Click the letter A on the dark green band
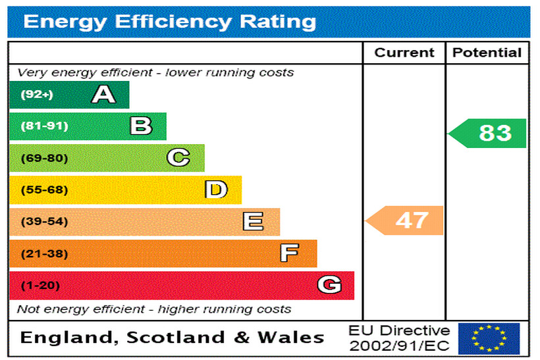[103, 95]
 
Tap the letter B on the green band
[141, 126]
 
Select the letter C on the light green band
[178, 157]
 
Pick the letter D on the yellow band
[216, 190]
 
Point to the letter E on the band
[253, 222]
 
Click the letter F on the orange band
[289, 253]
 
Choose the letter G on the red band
[329, 285]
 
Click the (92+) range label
[37, 95]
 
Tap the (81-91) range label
[44, 126]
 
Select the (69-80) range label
[44, 158]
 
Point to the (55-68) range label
[44, 190]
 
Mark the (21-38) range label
[44, 254]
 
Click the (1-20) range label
[40, 286]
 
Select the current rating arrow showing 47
[405, 220]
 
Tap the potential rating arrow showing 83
[488, 133]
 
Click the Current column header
[404, 53]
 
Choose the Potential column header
[487, 53]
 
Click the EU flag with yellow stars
[489, 338]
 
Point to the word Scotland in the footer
[176, 338]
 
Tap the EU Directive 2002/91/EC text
[399, 338]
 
